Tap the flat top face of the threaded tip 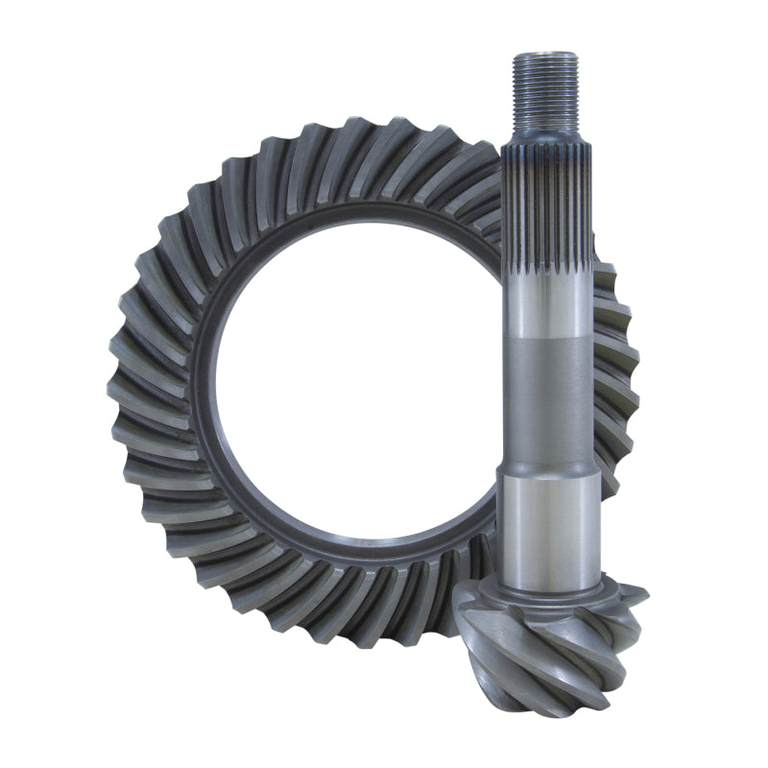point(544,57)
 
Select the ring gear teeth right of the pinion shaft point(614,374)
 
